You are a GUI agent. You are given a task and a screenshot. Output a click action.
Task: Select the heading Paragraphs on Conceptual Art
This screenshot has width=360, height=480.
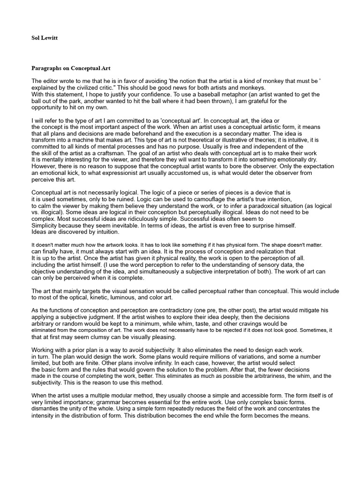[70, 68]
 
